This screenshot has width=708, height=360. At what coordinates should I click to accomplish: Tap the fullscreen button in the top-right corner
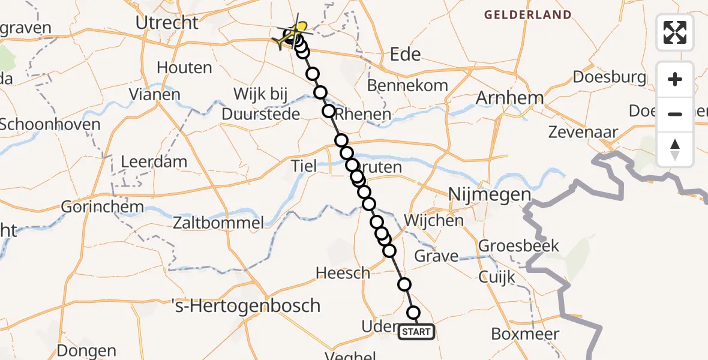[675, 32]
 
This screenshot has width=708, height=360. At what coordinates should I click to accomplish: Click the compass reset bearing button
[675, 149]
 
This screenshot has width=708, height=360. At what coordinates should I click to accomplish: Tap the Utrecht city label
[167, 23]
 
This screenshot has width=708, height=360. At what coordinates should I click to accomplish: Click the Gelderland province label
[528, 14]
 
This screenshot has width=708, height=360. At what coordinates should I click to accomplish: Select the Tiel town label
[303, 166]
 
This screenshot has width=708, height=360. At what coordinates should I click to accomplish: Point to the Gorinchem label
[103, 207]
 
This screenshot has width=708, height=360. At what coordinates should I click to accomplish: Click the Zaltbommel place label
[218, 224]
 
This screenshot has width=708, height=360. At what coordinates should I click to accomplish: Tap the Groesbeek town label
[518, 245]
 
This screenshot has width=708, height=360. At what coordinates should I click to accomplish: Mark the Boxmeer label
[524, 334]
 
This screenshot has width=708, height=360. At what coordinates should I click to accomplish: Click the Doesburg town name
[609, 77]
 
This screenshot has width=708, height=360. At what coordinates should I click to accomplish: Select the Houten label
[184, 67]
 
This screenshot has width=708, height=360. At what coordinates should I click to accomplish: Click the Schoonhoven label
[50, 124]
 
